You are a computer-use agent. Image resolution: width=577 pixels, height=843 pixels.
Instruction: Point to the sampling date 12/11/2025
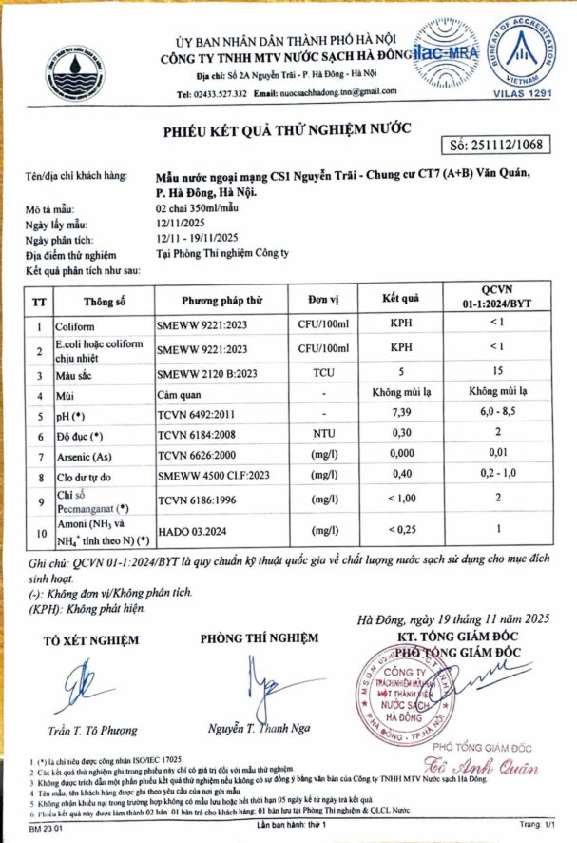coord(181,225)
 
